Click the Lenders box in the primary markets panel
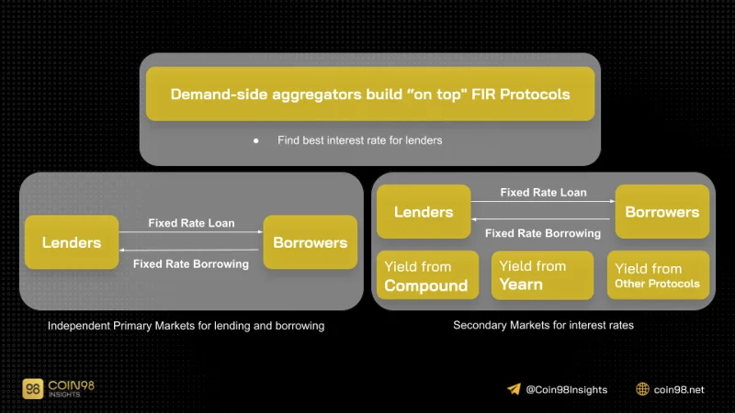tap(72, 242)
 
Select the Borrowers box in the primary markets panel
tap(311, 242)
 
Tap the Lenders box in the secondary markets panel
tap(424, 212)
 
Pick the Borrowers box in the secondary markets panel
tap(662, 212)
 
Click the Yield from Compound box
tap(428, 275)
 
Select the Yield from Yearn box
tap(542, 275)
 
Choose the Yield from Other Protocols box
tap(658, 275)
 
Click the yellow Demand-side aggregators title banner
tap(370, 94)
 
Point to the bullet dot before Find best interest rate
tap(256, 140)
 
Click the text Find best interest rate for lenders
tap(359, 140)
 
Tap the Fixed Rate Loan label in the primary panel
tap(191, 223)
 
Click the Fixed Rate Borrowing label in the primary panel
tap(191, 264)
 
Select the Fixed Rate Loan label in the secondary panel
tap(543, 193)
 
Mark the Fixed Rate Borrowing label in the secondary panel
tap(543, 233)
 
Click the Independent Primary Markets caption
tap(187, 326)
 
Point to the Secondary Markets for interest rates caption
tap(543, 325)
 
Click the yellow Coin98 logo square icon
tap(33, 388)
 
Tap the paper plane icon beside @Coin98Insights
tap(514, 389)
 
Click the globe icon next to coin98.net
tap(642, 389)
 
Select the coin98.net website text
tap(679, 389)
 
